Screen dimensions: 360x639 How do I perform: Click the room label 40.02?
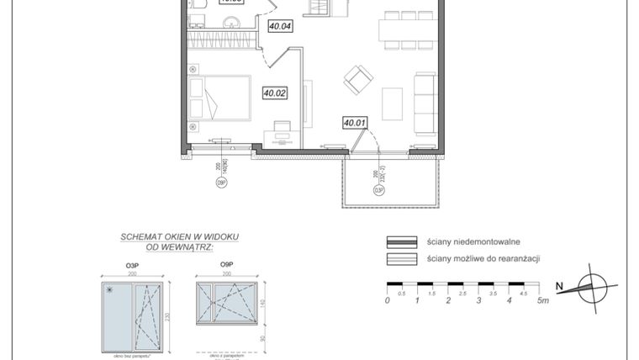click(x=275, y=93)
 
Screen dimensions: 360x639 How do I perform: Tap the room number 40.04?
click(x=280, y=26)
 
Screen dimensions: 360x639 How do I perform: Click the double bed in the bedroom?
click(x=220, y=98)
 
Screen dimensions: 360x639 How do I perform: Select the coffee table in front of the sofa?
click(x=393, y=103)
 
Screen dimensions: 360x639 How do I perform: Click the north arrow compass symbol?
click(x=594, y=289)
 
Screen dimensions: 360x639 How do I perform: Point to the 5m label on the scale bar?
click(x=544, y=300)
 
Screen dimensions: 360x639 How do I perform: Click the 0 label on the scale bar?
click(x=388, y=300)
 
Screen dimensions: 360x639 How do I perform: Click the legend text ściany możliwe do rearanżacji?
click(x=483, y=259)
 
